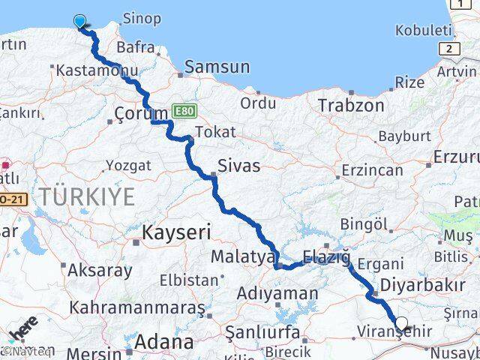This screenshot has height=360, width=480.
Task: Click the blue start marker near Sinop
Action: pyautogui.click(x=79, y=21)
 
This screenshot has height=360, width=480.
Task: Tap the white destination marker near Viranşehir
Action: pyautogui.click(x=401, y=324)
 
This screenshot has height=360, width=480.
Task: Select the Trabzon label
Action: pyautogui.click(x=350, y=105)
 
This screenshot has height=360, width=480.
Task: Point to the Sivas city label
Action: pyautogui.click(x=238, y=166)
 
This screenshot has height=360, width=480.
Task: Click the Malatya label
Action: pyautogui.click(x=242, y=256)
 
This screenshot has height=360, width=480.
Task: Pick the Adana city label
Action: pyautogui.click(x=162, y=343)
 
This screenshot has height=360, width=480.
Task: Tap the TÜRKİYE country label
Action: pyautogui.click(x=88, y=197)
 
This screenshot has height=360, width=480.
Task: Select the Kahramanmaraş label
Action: pyautogui.click(x=137, y=307)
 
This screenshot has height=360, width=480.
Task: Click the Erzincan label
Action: pyautogui.click(x=373, y=170)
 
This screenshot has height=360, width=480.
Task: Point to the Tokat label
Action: pyautogui.click(x=215, y=132)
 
